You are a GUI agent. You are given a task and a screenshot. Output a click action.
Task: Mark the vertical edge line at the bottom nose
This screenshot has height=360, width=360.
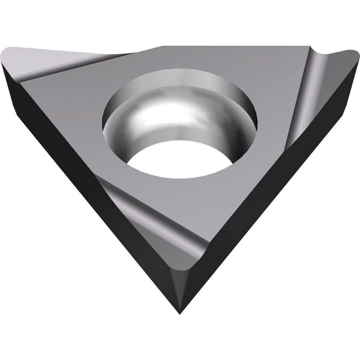[x=180, y=288]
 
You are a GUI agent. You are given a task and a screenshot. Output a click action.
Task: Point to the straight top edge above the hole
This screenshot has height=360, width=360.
[x=234, y=46]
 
